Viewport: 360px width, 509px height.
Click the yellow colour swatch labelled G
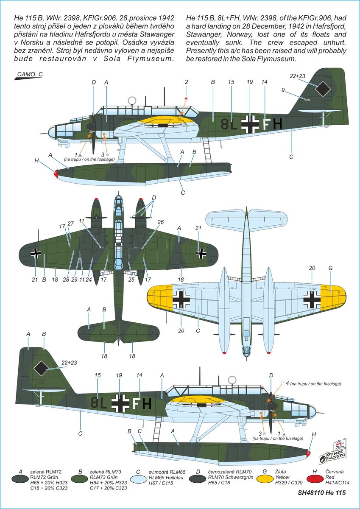point(265,479)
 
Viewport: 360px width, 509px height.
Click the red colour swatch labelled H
point(315,479)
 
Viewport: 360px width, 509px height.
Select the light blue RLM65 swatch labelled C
point(138,479)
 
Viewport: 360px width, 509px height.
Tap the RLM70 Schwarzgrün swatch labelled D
point(198,479)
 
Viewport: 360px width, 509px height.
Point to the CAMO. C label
point(30,74)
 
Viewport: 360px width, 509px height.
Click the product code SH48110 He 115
point(321,499)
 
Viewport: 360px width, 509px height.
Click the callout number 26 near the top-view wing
point(160,222)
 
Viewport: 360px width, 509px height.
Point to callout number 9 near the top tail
point(283,90)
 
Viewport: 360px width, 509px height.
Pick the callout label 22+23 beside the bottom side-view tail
point(69,363)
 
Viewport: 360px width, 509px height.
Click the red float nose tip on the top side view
point(56,173)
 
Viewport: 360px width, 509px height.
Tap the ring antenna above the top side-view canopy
point(132,101)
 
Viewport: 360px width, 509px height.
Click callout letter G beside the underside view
point(330,268)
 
